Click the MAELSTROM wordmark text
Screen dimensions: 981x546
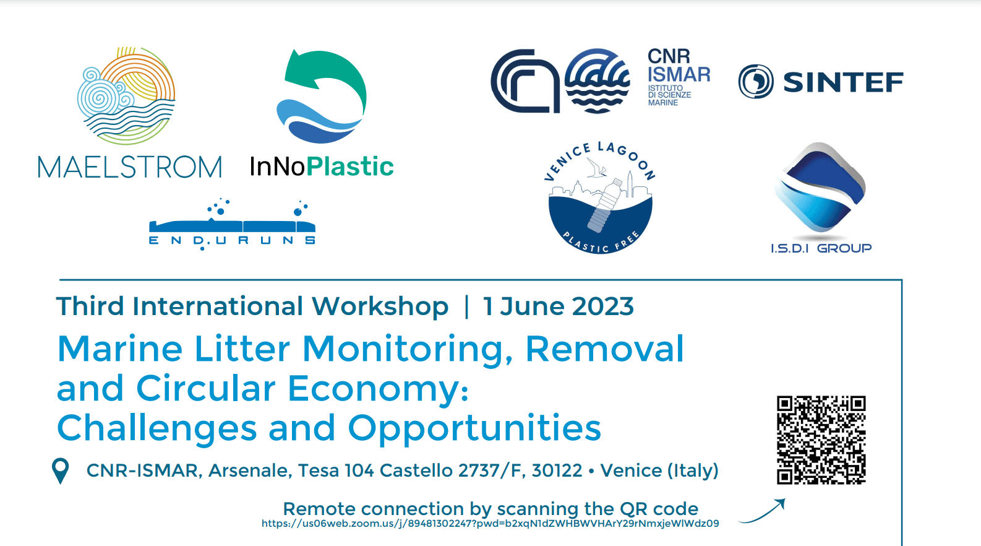click(130, 167)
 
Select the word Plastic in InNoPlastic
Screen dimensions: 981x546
click(350, 167)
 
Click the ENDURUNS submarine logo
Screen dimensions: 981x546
click(232, 224)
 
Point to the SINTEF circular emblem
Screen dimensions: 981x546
click(756, 82)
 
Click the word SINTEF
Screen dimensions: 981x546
click(843, 82)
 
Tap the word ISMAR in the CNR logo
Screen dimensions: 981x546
click(679, 74)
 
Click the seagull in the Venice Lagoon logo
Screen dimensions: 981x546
click(596, 168)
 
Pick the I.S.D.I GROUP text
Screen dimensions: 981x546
click(821, 248)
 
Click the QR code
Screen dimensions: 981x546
click(821, 440)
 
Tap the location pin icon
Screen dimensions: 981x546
click(61, 470)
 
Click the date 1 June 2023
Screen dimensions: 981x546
click(558, 306)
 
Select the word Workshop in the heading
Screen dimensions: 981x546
click(380, 306)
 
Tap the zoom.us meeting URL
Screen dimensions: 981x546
click(490, 523)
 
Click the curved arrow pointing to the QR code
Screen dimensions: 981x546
click(761, 511)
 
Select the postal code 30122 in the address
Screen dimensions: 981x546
click(557, 470)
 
